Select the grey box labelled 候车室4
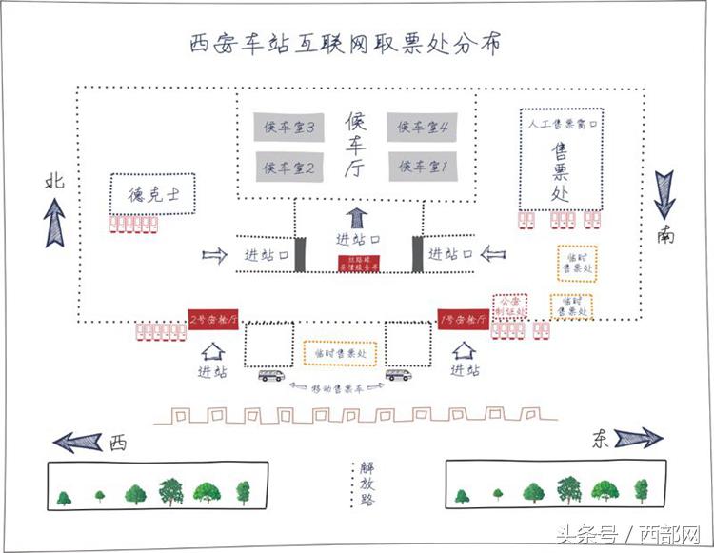tap(424, 128)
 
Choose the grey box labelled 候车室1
tap(424, 168)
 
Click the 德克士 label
tap(152, 195)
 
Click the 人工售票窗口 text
tap(563, 124)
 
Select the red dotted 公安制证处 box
tap(509, 306)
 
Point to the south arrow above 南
tap(665, 194)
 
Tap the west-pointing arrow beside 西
tap(78, 441)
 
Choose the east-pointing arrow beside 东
tap(638, 438)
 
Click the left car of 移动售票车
tap(271, 375)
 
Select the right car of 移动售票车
tap(398, 375)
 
